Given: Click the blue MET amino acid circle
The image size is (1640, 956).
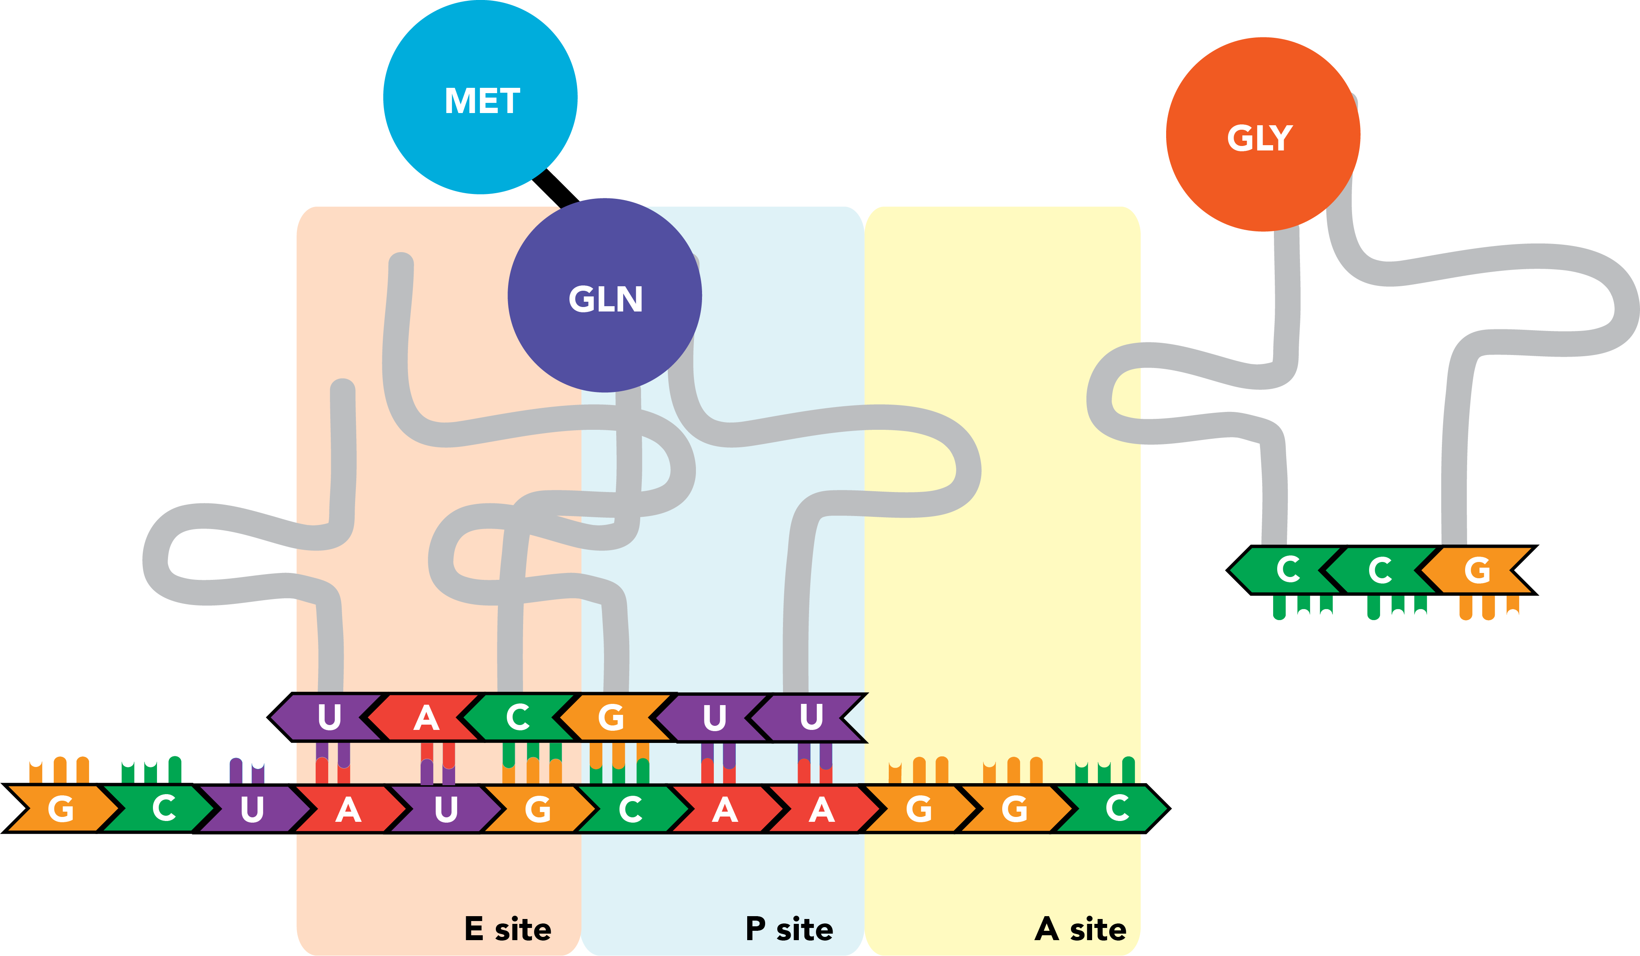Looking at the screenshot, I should tap(480, 98).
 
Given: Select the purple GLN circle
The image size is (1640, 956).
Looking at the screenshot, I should tap(604, 296).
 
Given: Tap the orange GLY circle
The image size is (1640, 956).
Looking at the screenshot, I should tap(1263, 135).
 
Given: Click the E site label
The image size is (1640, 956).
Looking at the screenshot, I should tap(508, 929).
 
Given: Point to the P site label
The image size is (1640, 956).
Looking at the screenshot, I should tap(789, 929).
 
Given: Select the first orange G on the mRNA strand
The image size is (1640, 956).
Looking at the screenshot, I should tap(61, 809).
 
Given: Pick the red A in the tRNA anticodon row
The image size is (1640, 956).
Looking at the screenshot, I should tap(426, 717).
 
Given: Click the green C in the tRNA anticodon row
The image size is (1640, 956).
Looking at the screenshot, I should tap(518, 717).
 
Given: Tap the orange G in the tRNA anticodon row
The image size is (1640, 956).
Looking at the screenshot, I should tap(611, 717).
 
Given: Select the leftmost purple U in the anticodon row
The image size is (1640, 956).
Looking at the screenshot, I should tap(329, 717).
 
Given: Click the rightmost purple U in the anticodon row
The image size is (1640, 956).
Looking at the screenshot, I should tap(811, 717).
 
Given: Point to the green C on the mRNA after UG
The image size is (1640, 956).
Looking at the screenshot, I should tap(630, 809).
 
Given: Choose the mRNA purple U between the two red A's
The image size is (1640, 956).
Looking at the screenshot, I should tap(446, 809).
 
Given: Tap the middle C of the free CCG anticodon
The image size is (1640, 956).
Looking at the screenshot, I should tap(1380, 570).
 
